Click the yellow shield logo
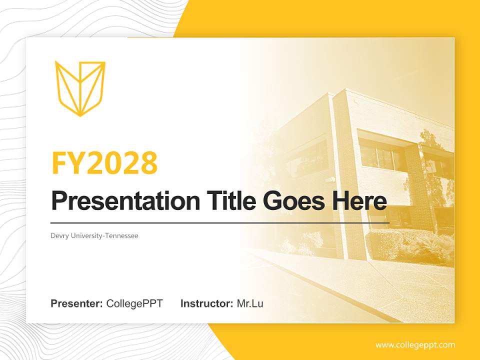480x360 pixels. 80,88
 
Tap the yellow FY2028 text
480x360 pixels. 104,163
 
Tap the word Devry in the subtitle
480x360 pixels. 59,235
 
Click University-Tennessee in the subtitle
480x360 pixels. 104,235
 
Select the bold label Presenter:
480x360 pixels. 77,303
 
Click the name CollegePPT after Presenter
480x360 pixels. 134,303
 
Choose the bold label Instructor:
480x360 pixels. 206,303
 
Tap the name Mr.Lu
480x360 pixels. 250,303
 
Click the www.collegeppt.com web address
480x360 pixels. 415,345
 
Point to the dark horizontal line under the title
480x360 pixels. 220,222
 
